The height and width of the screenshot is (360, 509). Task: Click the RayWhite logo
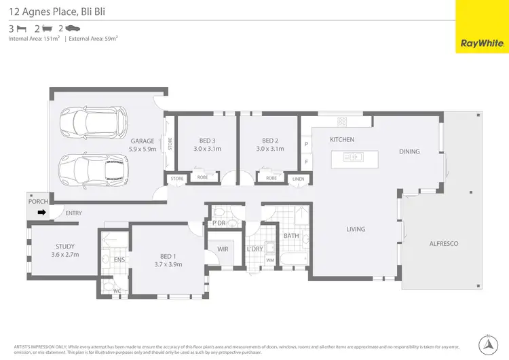482,27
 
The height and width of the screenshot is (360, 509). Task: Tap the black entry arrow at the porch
41,213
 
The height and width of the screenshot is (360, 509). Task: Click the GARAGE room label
143,141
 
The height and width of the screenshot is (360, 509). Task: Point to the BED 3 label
207,141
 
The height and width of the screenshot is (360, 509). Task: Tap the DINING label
409,151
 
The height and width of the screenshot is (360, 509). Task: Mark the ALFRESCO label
444,243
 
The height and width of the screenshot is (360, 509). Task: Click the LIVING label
356,229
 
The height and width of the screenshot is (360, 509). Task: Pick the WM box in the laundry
269,260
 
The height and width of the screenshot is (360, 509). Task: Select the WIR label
223,249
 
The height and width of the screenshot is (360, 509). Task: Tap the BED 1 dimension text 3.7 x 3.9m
168,264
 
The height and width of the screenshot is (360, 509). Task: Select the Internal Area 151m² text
33,39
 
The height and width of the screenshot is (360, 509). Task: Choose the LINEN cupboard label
298,179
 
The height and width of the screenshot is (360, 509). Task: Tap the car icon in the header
73,29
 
